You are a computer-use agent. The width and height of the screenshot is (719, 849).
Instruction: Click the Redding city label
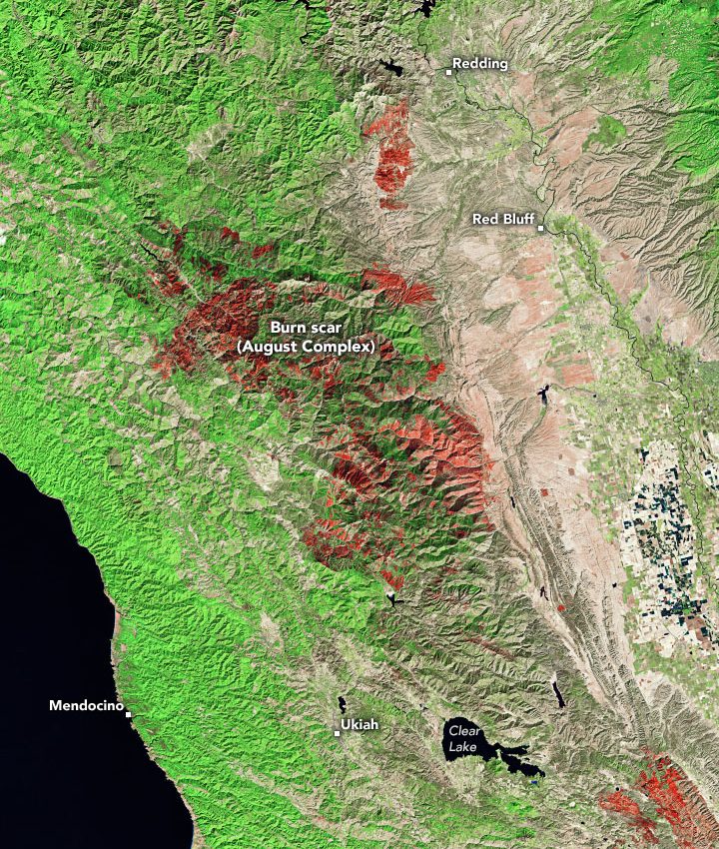click(480, 64)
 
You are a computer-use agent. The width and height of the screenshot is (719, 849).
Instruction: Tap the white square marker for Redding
click(448, 72)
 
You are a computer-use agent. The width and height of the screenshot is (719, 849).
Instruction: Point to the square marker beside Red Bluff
click(540, 228)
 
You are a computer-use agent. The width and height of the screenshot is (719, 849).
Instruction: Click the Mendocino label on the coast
click(85, 706)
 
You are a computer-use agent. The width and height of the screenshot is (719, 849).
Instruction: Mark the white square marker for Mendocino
click(128, 713)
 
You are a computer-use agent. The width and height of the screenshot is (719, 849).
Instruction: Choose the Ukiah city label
click(360, 725)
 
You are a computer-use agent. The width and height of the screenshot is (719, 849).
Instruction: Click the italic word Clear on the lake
click(464, 731)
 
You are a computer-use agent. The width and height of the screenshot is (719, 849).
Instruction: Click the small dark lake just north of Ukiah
click(343, 705)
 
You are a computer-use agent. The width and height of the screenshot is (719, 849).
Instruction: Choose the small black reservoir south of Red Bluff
click(546, 391)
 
